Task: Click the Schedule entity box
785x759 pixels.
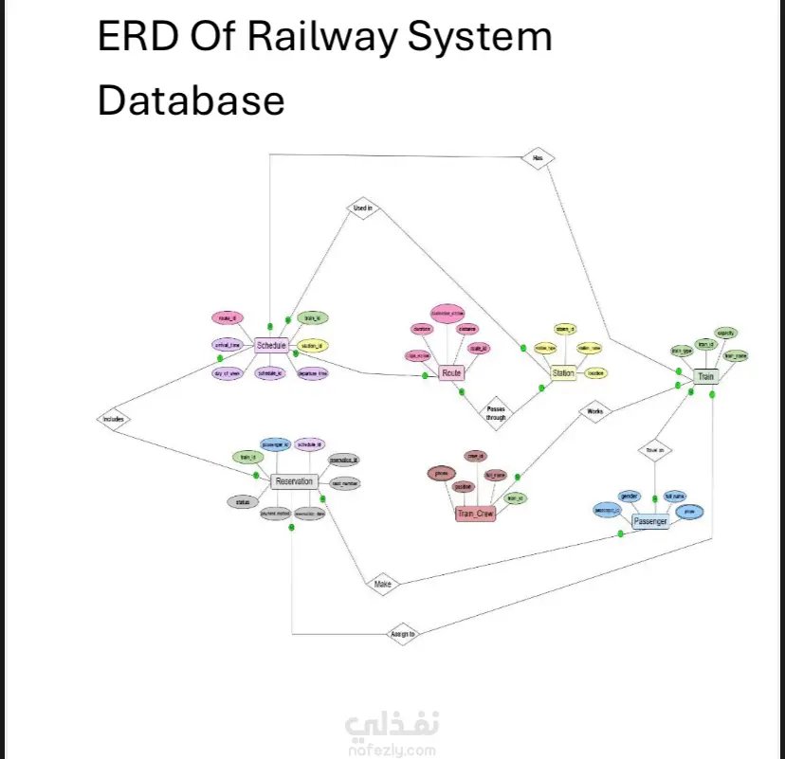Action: tap(271, 346)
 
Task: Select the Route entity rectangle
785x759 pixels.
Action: tap(451, 373)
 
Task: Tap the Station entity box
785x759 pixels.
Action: tap(563, 373)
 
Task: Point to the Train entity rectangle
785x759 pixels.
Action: tap(705, 377)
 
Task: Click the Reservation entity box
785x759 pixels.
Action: tap(294, 481)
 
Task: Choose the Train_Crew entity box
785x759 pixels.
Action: tap(476, 514)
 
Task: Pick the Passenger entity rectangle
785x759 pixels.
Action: tap(650, 522)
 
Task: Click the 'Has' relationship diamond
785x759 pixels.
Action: tap(538, 157)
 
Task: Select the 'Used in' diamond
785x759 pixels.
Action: tap(362, 208)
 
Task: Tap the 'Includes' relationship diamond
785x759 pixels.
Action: tap(112, 418)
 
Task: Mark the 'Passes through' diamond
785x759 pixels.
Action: tap(496, 411)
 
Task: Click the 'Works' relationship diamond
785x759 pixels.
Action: tap(594, 412)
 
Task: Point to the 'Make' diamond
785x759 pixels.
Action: tap(382, 585)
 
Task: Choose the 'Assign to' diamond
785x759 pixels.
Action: tap(403, 632)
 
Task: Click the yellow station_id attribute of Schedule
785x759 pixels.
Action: tap(312, 346)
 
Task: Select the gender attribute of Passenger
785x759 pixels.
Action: tap(630, 496)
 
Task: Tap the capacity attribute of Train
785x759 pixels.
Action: tap(726, 334)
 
